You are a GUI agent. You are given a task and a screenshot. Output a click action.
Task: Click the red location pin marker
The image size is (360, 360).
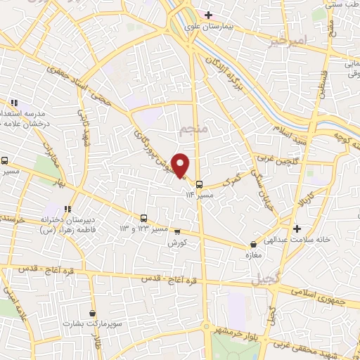click(181, 165)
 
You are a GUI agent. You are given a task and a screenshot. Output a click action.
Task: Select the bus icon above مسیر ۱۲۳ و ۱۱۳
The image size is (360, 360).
click(143, 218)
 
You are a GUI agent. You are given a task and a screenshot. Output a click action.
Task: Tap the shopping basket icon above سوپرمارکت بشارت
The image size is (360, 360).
click(93, 314)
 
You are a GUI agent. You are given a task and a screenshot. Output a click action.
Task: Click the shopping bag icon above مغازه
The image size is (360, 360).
click(252, 244)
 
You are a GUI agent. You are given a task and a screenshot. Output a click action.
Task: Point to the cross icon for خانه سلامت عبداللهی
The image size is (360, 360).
click(298, 229)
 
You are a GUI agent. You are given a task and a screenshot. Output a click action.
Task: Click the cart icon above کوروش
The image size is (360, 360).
click(177, 232)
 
